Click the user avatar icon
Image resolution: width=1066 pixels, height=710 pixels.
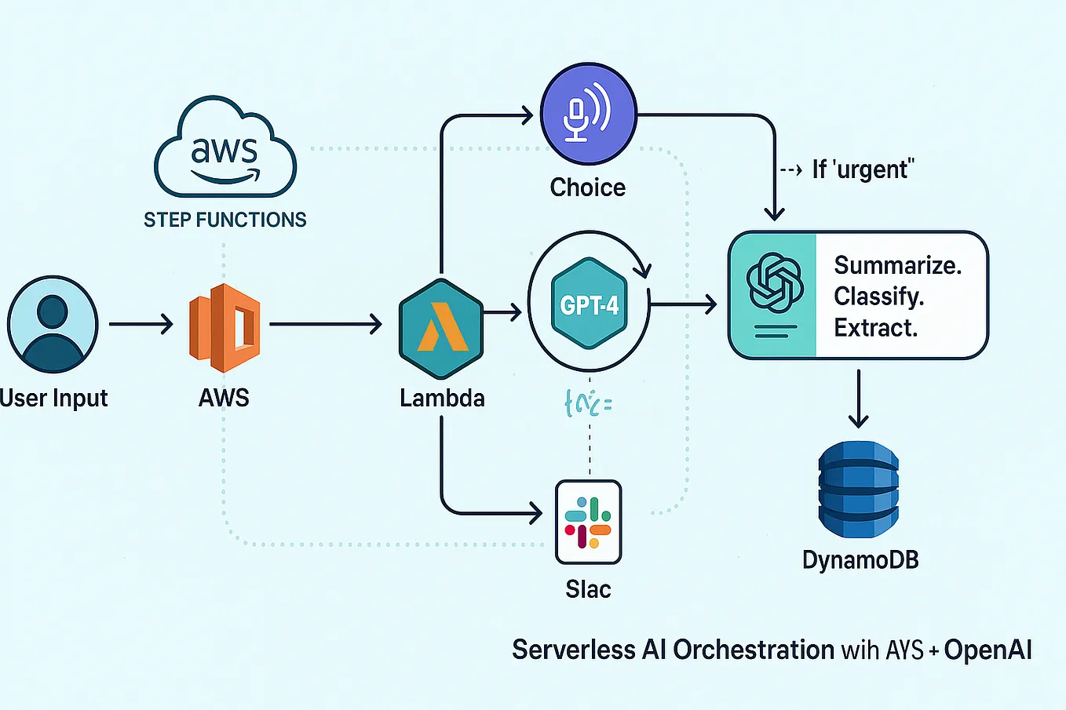pos(53,324)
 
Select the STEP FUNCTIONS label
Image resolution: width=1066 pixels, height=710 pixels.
pos(225,220)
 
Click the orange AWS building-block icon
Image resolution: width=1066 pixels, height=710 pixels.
pos(225,328)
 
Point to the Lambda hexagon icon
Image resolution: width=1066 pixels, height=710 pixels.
pos(441,328)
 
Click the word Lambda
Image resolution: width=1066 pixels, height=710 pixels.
pos(442,398)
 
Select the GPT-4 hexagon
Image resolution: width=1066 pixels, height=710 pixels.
pos(589,304)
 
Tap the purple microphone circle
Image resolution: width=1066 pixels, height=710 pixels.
pos(588,115)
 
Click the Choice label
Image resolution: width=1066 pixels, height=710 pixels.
pos(587,188)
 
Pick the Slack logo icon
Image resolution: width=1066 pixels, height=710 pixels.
pos(588,522)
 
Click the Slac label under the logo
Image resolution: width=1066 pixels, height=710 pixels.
pos(588,589)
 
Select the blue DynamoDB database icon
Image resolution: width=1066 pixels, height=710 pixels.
pos(859,490)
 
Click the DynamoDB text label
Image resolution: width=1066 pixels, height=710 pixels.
pos(860,560)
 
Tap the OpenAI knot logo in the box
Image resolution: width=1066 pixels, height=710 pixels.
pos(774,283)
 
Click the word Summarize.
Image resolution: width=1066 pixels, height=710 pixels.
pos(897,265)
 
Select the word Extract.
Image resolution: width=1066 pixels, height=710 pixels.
pos(875,327)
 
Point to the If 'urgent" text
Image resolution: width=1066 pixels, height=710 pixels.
pos(863,169)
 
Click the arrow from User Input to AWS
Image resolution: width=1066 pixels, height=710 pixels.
pos(141,324)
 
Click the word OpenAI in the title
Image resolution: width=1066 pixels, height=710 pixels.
pos(988,650)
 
